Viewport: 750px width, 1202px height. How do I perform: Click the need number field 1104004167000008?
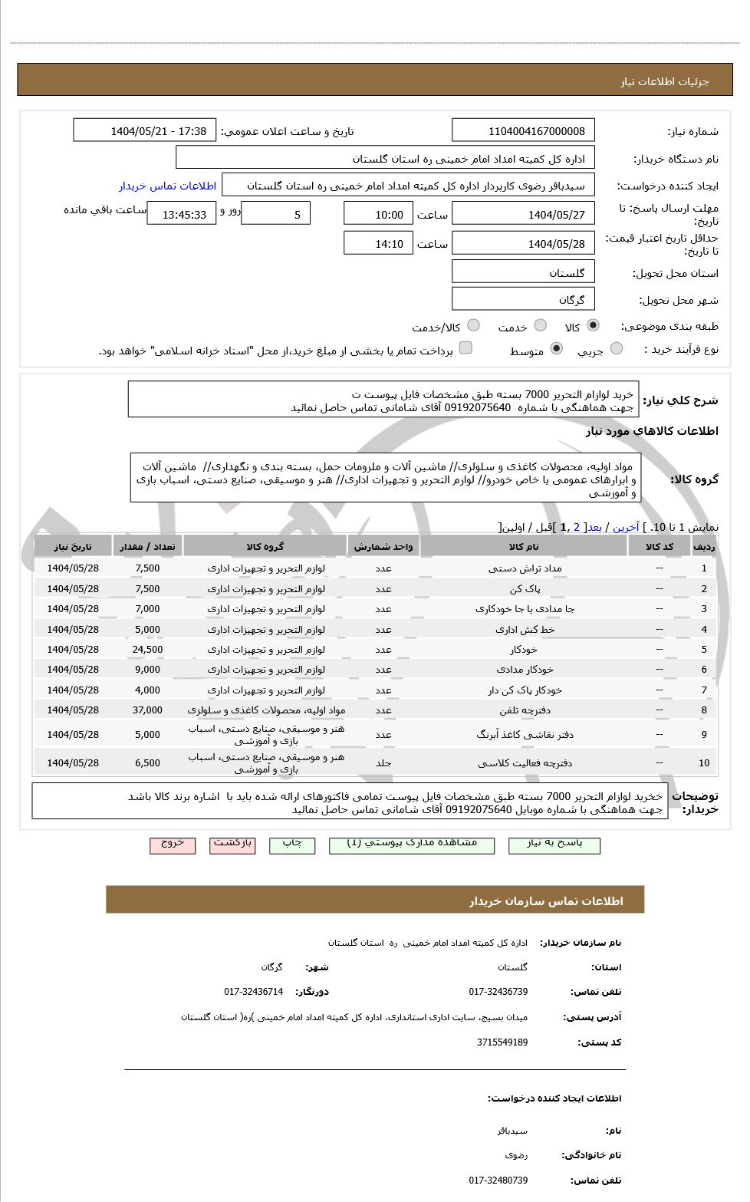(x=523, y=131)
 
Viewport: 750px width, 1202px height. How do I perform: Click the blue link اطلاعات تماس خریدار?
(x=167, y=186)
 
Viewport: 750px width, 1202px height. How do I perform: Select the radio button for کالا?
(x=593, y=326)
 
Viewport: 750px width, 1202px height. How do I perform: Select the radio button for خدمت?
(x=540, y=326)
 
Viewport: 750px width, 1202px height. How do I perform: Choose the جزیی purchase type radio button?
(x=616, y=350)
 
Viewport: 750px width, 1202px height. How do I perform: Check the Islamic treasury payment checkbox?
(x=465, y=349)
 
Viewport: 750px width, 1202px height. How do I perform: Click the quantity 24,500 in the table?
(x=147, y=650)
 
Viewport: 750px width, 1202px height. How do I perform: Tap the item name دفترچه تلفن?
(x=525, y=710)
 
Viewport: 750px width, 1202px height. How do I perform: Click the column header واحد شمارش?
(x=383, y=547)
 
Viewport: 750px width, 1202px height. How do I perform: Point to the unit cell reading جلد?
(x=383, y=763)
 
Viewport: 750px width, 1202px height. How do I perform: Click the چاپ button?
(x=292, y=844)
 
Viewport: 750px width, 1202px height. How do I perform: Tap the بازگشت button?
(x=232, y=844)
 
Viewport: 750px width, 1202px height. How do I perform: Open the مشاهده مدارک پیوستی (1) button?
(x=411, y=844)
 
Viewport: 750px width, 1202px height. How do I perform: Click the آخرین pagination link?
(x=626, y=528)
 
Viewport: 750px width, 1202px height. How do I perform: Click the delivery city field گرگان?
(x=523, y=300)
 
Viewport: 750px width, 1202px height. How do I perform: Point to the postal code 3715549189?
(x=502, y=1042)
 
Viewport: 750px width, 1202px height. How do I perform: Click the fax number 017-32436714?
(x=253, y=992)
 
